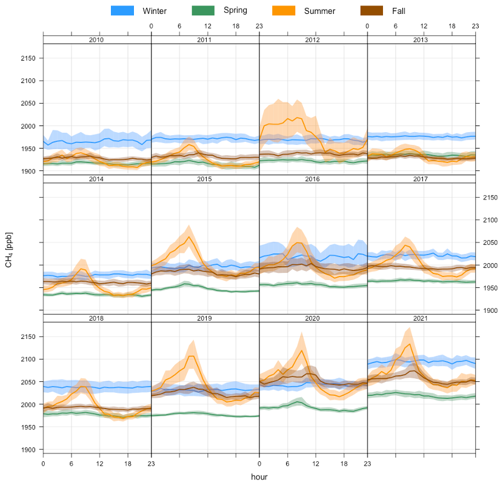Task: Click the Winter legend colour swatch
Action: point(122,11)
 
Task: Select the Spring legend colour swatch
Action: point(204,11)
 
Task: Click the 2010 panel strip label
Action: point(96,40)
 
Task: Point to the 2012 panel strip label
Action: point(313,40)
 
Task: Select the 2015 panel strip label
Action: point(205,179)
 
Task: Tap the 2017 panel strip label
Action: point(421,179)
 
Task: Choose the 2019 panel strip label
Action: point(205,318)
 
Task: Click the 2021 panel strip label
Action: point(421,318)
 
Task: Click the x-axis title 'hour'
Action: point(259,477)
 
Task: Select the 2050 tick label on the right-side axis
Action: point(490,242)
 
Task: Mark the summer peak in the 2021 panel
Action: point(410,344)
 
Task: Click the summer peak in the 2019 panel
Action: point(193,356)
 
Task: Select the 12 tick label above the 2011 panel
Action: point(207,26)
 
